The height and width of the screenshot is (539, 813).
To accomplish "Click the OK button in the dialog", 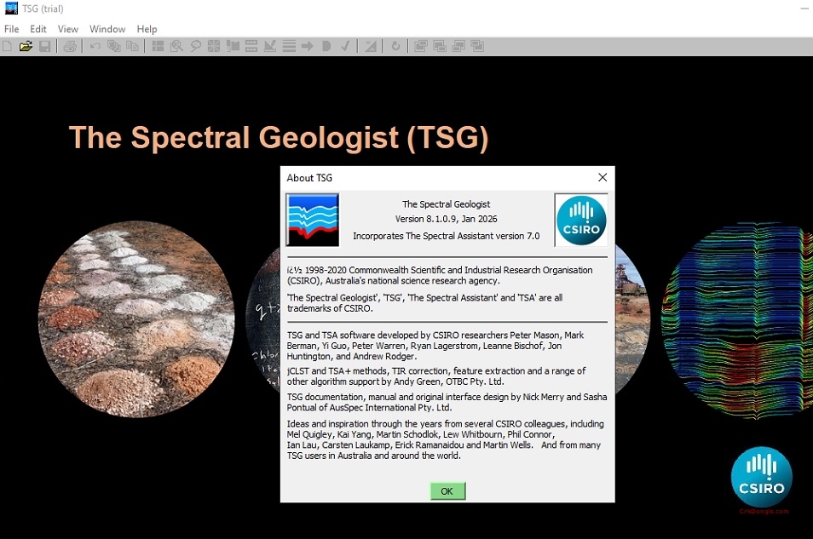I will (447, 491).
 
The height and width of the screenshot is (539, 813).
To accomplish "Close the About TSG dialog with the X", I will (603, 177).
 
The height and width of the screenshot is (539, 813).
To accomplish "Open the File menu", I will (11, 29).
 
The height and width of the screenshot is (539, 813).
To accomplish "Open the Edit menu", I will (38, 29).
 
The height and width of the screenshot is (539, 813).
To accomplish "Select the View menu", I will (68, 29).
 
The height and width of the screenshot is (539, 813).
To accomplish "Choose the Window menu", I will (107, 29).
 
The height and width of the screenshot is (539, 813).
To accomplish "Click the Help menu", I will (147, 29).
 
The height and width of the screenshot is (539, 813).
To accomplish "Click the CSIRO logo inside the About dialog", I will (581, 220).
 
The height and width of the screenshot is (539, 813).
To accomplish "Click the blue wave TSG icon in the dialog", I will (313, 220).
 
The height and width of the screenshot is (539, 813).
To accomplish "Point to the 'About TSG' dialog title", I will (309, 178).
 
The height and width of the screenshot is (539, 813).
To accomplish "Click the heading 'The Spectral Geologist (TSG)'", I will (278, 138).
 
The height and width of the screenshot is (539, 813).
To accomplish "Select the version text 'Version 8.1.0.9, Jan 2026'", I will (446, 220).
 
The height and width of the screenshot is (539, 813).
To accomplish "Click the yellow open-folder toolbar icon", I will (26, 46).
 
